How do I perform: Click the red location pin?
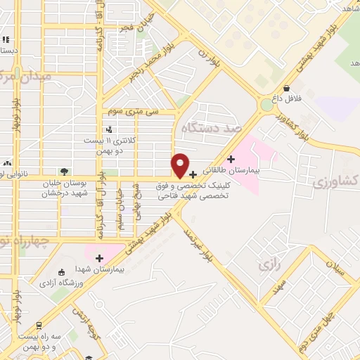click(180, 165)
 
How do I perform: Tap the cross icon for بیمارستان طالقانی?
click(231, 159)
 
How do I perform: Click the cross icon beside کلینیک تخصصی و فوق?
click(193, 174)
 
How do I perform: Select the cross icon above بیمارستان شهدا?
click(100, 257)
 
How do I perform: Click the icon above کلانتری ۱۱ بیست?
click(108, 129)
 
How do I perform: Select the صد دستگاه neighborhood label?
click(211, 129)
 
